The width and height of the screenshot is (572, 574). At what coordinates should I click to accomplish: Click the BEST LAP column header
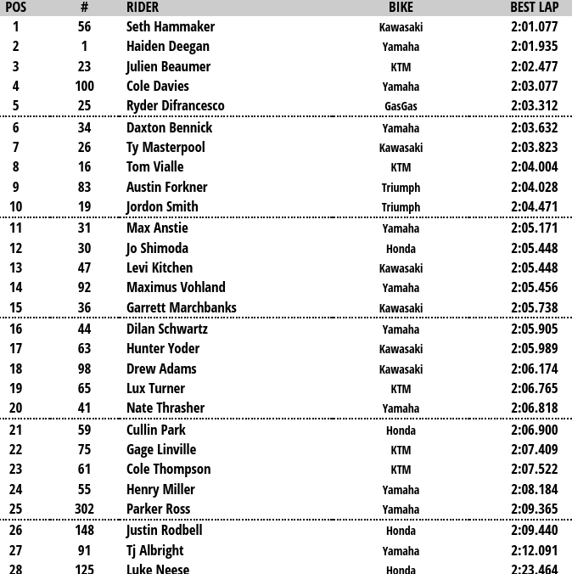pos(534,8)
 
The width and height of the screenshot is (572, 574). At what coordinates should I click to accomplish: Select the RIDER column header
pos(143,8)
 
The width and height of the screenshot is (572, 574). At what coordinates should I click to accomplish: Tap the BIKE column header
pos(401,8)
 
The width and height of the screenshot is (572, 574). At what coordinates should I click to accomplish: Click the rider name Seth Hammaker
pos(171,26)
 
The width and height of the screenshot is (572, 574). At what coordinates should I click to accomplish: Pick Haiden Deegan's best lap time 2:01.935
pos(534,47)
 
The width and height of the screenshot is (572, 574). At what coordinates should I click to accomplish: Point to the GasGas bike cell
pos(401,107)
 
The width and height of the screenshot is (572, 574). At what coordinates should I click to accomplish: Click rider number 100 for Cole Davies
pos(84,87)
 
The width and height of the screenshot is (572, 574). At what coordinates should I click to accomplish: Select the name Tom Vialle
pos(155,167)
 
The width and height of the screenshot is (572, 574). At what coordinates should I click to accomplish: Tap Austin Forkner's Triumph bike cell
pos(401,188)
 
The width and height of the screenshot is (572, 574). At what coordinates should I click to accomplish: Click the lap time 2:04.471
pos(534,207)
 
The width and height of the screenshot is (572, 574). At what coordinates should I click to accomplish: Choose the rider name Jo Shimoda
pos(157,249)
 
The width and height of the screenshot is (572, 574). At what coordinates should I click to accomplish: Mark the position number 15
pos(16,308)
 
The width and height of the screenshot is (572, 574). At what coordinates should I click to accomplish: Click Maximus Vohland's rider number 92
pos(84,288)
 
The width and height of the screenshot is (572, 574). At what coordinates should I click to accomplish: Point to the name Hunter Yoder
pos(163,349)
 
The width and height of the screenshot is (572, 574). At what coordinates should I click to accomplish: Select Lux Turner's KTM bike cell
pos(401,390)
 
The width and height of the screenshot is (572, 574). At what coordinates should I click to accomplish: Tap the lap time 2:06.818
pos(534,408)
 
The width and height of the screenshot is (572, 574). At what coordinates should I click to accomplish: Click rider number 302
pos(84,509)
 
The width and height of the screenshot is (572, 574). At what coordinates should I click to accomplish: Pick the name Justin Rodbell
pos(165,531)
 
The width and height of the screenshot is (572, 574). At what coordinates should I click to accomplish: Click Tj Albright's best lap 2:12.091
pos(534,550)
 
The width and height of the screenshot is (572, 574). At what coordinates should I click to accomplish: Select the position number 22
pos(16,450)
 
